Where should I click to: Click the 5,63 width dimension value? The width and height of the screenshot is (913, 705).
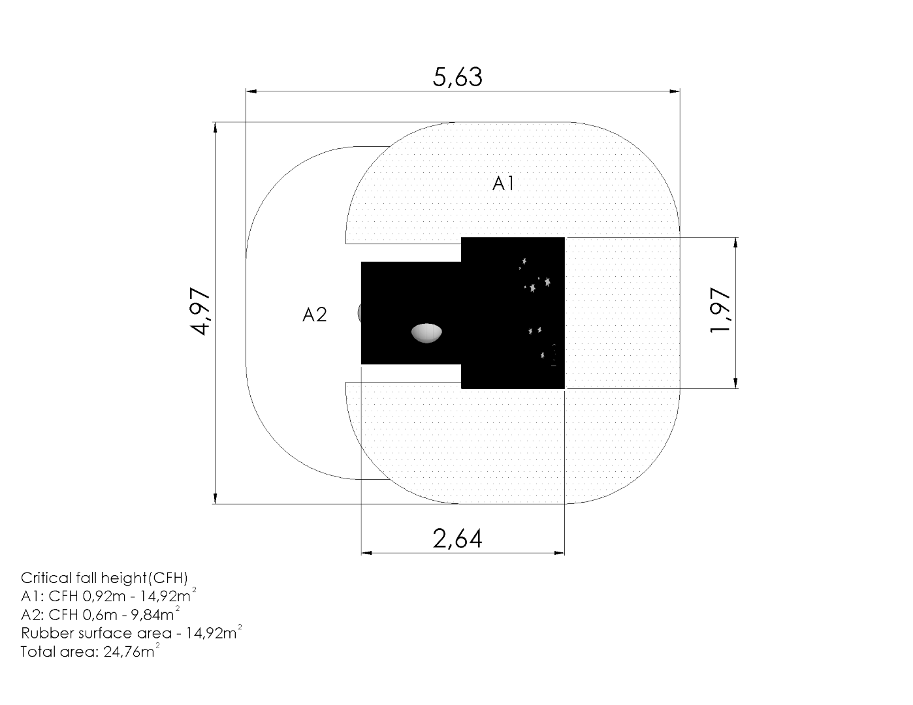point(458,77)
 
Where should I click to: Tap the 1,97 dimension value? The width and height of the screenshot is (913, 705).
point(720,310)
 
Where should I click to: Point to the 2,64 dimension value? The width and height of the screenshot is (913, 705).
point(458,539)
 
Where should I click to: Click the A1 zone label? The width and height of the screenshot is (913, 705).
point(504,183)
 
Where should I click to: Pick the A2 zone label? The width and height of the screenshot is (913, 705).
point(314,315)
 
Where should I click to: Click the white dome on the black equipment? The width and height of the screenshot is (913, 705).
point(426,333)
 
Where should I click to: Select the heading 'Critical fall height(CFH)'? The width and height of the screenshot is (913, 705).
point(104,578)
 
